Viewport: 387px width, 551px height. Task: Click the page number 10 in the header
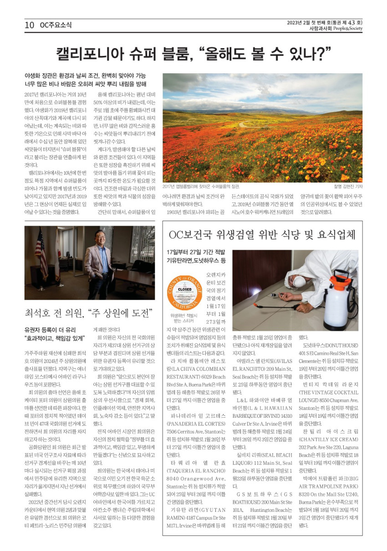(30, 25)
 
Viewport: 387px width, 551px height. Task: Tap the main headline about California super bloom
(193, 54)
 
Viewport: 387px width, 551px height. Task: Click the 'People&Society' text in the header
(348, 29)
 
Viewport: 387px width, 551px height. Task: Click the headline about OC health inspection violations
(262, 235)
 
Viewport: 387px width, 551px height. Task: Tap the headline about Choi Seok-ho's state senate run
(88, 313)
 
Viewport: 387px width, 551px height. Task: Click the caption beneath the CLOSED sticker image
(184, 318)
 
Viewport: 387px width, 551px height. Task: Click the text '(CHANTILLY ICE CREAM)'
(328, 440)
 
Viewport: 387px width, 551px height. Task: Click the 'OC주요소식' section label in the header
(56, 25)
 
